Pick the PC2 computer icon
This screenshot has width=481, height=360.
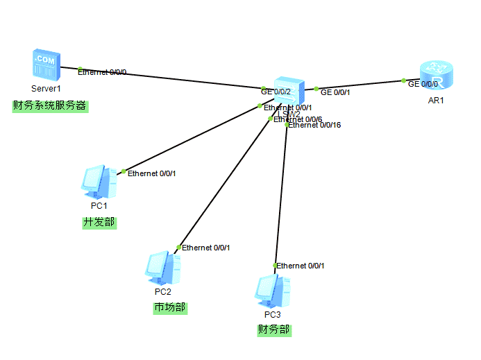163,268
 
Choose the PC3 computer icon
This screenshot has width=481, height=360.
272,291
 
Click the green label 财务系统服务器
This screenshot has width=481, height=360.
49,106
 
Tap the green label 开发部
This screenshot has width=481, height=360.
99,223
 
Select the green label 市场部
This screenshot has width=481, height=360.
170,307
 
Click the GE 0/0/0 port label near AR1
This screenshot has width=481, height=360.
423,84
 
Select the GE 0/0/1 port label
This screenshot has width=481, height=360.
335,92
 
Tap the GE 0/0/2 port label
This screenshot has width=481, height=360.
276,91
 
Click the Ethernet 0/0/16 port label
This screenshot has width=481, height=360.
314,126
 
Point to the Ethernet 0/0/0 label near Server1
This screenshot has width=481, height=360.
102,72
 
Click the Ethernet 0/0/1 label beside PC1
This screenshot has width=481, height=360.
152,173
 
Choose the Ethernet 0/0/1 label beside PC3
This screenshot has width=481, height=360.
301,266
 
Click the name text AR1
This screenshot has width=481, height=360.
436,101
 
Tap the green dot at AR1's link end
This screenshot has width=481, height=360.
403,80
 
